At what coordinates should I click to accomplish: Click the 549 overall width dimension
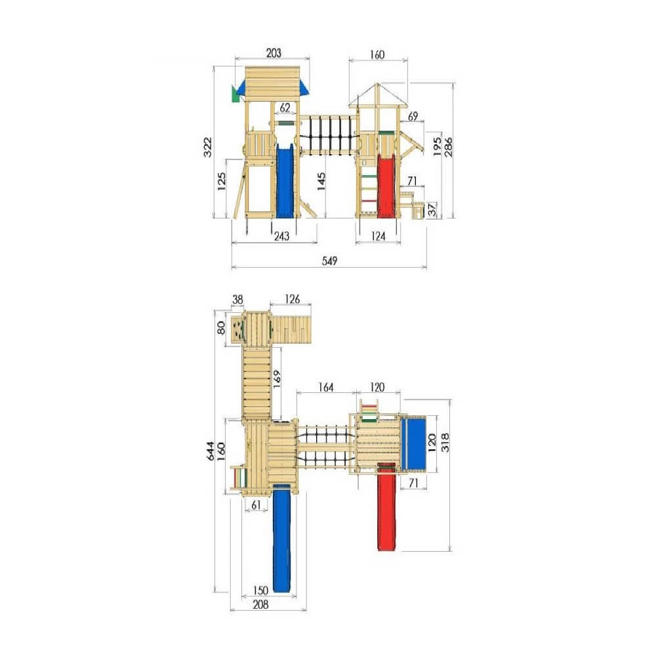(x=329, y=261)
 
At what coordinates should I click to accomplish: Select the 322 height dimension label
(x=208, y=147)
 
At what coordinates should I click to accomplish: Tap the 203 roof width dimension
(x=274, y=53)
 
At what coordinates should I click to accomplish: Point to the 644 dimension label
(x=211, y=451)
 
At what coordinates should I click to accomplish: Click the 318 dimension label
(x=445, y=442)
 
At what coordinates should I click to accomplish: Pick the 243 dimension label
(x=281, y=236)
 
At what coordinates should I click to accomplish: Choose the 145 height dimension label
(x=321, y=182)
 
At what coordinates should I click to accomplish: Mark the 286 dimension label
(x=448, y=146)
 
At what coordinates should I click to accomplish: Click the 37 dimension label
(x=433, y=209)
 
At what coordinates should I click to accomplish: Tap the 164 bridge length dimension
(x=325, y=388)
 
